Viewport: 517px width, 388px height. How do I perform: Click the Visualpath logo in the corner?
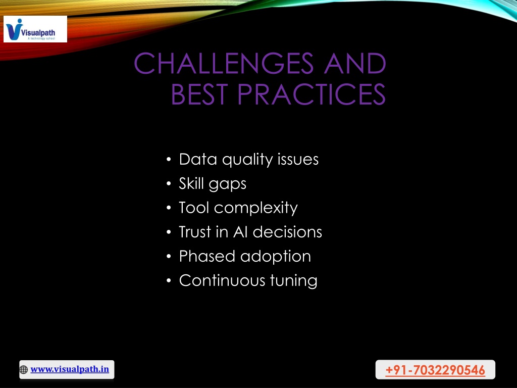pyautogui.click(x=35, y=29)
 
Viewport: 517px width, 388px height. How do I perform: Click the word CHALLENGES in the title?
pyautogui.click(x=224, y=63)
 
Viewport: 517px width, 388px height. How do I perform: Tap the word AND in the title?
pyautogui.click(x=355, y=63)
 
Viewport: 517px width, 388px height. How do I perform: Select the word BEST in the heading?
pyautogui.click(x=199, y=94)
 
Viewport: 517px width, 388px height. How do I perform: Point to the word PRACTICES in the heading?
pyautogui.click(x=312, y=94)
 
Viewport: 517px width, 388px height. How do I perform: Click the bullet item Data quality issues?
pyautogui.click(x=248, y=159)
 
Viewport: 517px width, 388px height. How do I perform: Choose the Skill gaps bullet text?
pyautogui.click(x=213, y=184)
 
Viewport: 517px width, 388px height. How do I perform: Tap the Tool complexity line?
pyautogui.click(x=238, y=208)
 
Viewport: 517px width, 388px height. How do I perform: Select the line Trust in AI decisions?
pyautogui.click(x=250, y=232)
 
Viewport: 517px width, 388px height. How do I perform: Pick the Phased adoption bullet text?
pyautogui.click(x=245, y=256)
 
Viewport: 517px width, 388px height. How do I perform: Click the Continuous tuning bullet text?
pyautogui.click(x=248, y=280)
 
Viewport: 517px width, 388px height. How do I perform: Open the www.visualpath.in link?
pyautogui.click(x=70, y=369)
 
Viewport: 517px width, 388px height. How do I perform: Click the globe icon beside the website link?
pyautogui.click(x=24, y=369)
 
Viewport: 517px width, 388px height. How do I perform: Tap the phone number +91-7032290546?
pyautogui.click(x=435, y=370)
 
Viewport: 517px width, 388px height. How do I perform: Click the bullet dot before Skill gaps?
pyautogui.click(x=169, y=184)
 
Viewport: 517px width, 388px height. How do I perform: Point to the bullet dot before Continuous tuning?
pyautogui.click(x=169, y=281)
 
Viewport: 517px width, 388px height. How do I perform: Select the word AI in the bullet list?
pyautogui.click(x=240, y=232)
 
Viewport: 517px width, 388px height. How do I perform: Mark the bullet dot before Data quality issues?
pyautogui.click(x=169, y=160)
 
